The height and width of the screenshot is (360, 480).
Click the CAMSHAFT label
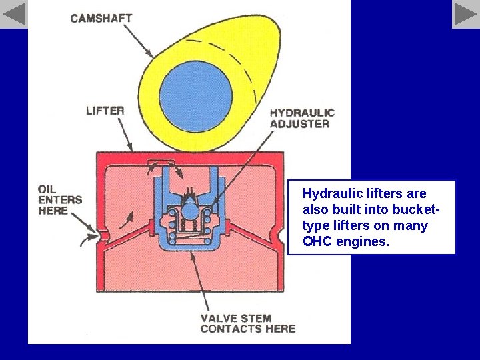pyautogui.click(x=101, y=19)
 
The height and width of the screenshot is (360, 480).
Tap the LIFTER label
pyautogui.click(x=105, y=111)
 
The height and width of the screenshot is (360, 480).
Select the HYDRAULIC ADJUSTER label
pyautogui.click(x=302, y=118)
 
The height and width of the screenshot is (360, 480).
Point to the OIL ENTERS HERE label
pyautogui.click(x=60, y=199)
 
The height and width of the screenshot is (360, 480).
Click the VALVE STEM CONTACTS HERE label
pyautogui.click(x=248, y=323)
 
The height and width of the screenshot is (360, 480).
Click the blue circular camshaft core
pyautogui.click(x=195, y=95)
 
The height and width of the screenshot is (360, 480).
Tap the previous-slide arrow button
pyautogui.click(x=13, y=14)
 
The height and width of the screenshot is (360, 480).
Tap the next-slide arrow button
pyautogui.click(x=466, y=14)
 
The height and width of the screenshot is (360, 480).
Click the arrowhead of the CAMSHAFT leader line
pyautogui.click(x=153, y=55)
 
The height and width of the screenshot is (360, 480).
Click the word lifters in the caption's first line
pyautogui.click(x=386, y=194)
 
